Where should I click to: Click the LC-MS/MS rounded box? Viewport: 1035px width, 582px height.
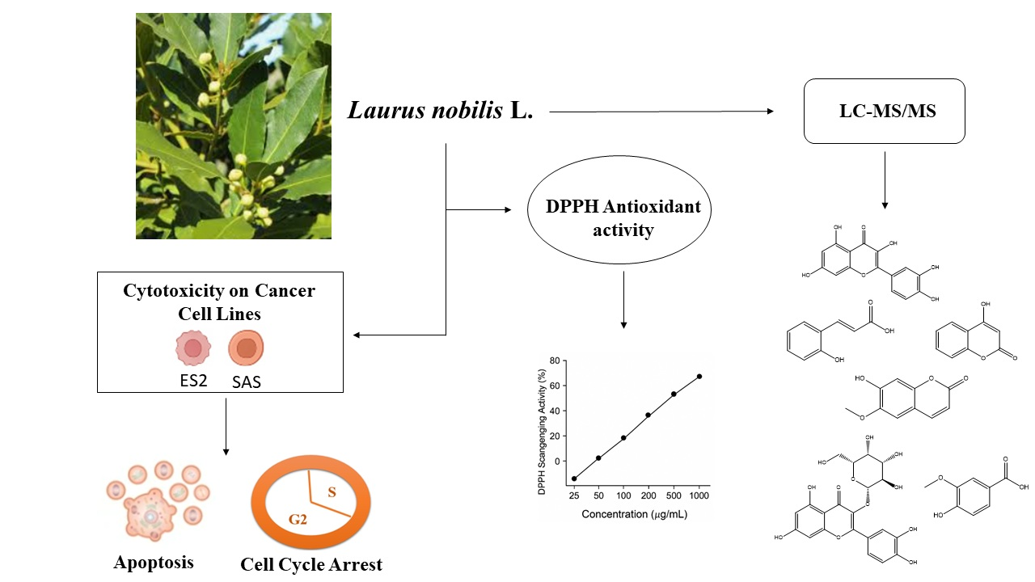(884, 111)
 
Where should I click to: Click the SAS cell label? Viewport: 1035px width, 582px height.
(246, 381)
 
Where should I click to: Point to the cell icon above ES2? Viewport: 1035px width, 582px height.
(193, 348)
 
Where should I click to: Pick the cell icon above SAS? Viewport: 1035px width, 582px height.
(246, 348)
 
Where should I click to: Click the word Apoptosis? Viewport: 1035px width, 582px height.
(154, 562)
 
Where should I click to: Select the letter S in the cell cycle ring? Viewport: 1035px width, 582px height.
(332, 491)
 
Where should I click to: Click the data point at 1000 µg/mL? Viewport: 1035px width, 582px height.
(699, 376)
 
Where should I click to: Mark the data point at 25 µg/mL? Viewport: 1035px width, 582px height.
(574, 479)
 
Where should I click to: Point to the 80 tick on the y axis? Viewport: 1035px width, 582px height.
(554, 361)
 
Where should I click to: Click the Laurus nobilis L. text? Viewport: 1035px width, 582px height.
(441, 111)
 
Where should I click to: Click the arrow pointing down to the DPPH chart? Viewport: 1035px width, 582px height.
(623, 299)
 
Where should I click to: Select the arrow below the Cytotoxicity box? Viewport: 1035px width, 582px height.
(226, 425)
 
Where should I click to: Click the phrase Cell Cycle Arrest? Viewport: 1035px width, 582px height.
(311, 564)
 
